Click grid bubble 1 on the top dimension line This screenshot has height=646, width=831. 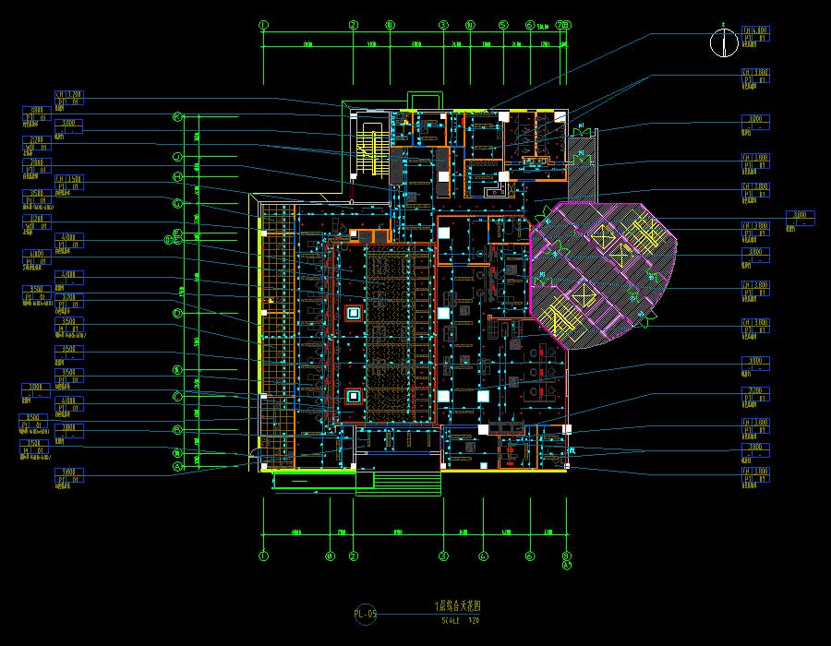pyautogui.click(x=263, y=26)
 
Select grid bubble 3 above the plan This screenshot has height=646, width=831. pyautogui.click(x=443, y=26)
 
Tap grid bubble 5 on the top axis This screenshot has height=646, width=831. pyautogui.click(x=503, y=26)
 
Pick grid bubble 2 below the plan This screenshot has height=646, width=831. pyautogui.click(x=353, y=556)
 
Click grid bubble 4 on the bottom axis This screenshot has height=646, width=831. pyautogui.click(x=483, y=556)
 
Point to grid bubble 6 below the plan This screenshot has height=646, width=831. pyautogui.click(x=530, y=556)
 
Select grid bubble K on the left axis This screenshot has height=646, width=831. pyautogui.click(x=178, y=117)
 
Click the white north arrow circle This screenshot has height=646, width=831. pyautogui.click(x=721, y=42)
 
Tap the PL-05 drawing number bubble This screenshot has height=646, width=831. pyautogui.click(x=366, y=613)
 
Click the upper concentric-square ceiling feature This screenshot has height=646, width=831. pyautogui.click(x=353, y=313)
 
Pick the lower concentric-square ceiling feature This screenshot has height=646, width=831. pyautogui.click(x=353, y=397)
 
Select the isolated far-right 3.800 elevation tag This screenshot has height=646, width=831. pyautogui.click(x=800, y=218)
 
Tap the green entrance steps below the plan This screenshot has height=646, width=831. pyautogui.click(x=398, y=484)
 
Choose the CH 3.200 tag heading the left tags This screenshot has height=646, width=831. pyautogui.click(x=69, y=98)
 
